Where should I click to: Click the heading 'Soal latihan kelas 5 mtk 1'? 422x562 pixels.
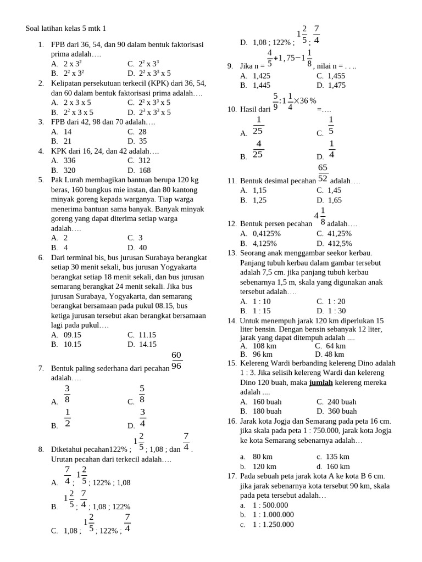(x=66, y=28)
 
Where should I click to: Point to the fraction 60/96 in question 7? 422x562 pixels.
(x=176, y=360)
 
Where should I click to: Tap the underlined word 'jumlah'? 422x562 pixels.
(x=325, y=383)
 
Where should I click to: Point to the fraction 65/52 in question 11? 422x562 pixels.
(x=323, y=173)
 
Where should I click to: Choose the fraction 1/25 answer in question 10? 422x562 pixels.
(x=258, y=126)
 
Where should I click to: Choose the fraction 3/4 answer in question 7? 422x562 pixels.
(x=142, y=418)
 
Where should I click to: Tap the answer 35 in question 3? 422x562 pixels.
(x=142, y=141)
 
